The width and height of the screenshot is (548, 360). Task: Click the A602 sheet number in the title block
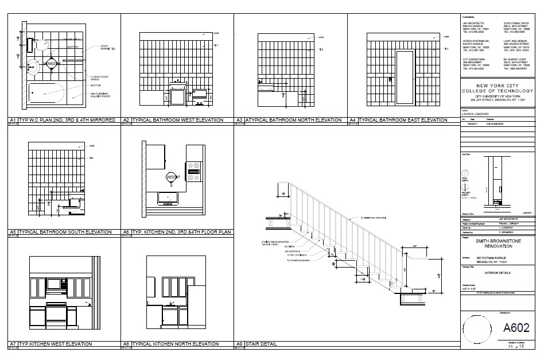pyautogui.click(x=516, y=328)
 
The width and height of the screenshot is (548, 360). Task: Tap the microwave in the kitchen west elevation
pyautogui.click(x=55, y=284)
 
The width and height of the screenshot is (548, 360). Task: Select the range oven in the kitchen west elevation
pyautogui.click(x=56, y=316)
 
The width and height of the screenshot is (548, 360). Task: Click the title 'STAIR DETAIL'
pyautogui.click(x=262, y=344)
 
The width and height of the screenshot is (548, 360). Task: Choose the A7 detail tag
pyautogui.click(x=12, y=344)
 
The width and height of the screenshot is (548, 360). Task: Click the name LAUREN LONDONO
pyautogui.click(x=478, y=114)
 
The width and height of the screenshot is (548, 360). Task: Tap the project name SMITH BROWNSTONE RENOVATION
pyautogui.click(x=498, y=245)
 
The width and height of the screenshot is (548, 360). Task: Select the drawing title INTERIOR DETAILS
pyautogui.click(x=497, y=273)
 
